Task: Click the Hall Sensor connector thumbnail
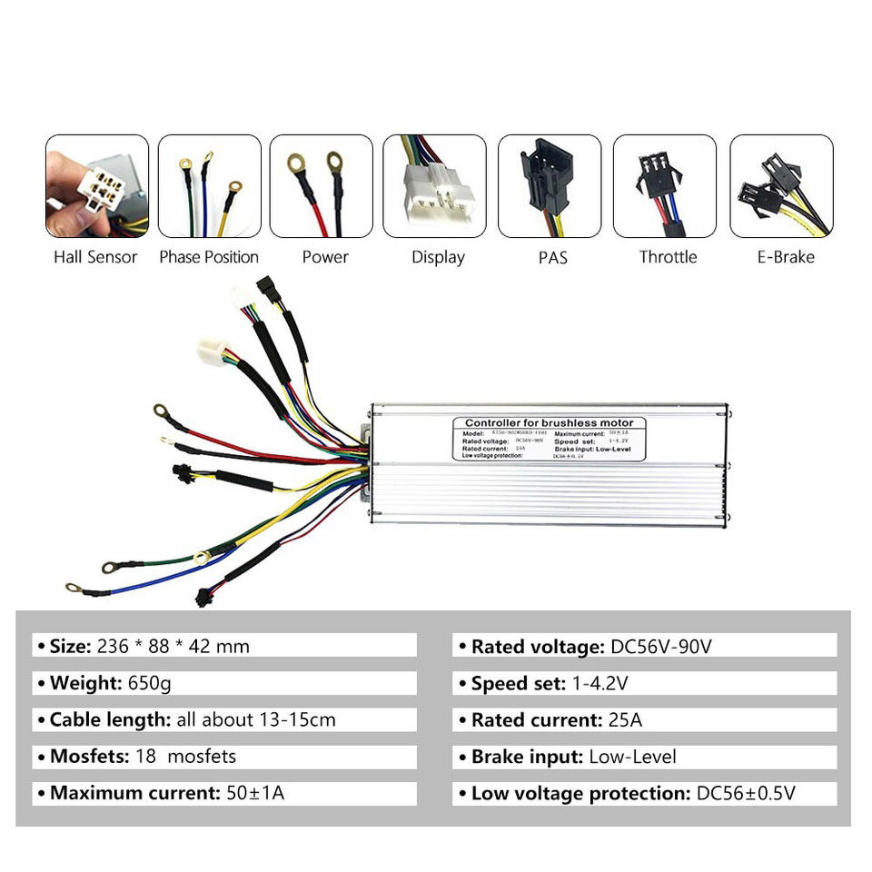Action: (97, 186)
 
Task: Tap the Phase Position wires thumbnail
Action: (209, 186)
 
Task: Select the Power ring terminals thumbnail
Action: (322, 186)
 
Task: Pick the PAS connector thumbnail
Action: (550, 186)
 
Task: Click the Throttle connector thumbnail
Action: (665, 186)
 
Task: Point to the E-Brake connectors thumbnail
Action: (781, 186)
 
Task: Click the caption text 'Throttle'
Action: (668, 257)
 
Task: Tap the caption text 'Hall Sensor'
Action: (95, 257)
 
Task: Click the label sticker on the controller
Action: (550, 438)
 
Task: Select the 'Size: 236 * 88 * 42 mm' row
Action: (225, 646)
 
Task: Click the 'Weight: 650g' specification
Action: (225, 683)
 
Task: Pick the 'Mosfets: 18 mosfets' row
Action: (225, 757)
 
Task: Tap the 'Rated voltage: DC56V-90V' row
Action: (644, 646)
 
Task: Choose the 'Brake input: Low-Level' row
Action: (644, 757)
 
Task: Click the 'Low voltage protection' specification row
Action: (644, 793)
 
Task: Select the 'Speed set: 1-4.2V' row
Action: (644, 683)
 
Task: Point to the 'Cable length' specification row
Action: (225, 719)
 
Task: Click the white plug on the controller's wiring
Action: (212, 352)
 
